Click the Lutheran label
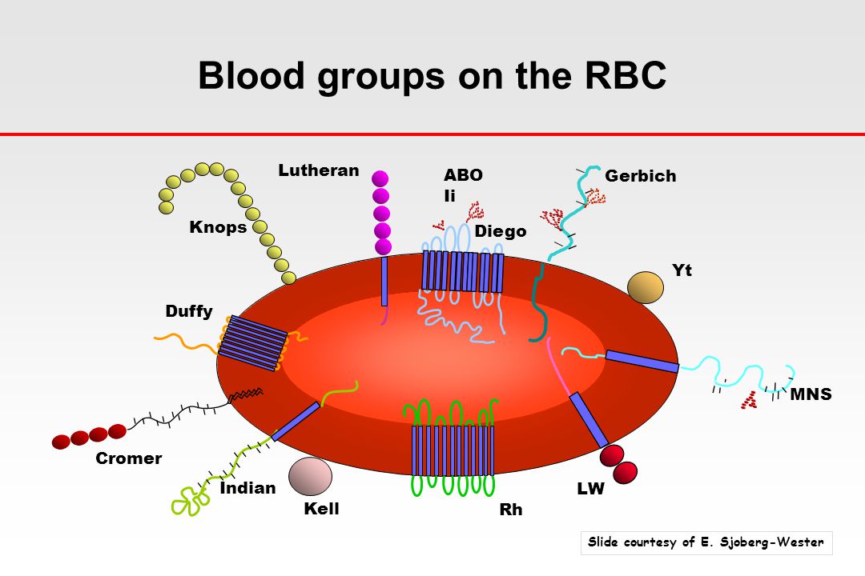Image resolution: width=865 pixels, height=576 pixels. click(319, 170)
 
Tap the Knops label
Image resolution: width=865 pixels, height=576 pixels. click(218, 227)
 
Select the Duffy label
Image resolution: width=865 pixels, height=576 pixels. click(189, 311)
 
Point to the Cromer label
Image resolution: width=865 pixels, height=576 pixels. click(128, 458)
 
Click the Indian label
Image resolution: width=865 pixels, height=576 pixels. click(247, 488)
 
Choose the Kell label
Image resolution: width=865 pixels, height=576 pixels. click(321, 509)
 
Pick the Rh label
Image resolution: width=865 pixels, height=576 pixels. click(510, 509)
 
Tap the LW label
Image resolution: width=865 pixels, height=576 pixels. click(590, 489)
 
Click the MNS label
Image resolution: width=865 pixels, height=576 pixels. click(811, 394)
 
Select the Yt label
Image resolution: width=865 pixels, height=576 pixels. click(682, 270)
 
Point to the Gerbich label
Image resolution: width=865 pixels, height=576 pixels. click(641, 176)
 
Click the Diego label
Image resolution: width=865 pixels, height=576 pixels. click(501, 231)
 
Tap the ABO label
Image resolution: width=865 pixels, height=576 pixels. click(464, 175)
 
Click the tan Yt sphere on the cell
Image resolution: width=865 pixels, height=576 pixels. click(646, 287)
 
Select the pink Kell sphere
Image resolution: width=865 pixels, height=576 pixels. click(310, 476)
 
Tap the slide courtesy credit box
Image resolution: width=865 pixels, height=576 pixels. click(706, 542)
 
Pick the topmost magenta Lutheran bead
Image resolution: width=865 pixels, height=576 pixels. click(380, 179)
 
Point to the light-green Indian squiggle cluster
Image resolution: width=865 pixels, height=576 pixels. click(190, 501)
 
